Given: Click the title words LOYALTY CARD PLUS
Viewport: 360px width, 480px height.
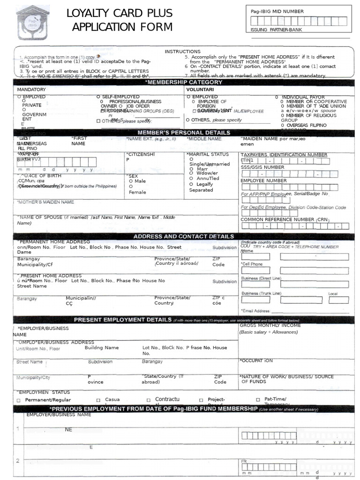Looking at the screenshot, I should coord(120,13).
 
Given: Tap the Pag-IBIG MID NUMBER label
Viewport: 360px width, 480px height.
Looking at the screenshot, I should coord(277,11).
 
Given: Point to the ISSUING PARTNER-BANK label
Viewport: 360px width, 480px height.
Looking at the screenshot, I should coord(277,30).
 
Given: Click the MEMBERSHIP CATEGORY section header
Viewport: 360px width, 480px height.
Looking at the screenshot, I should coord(184,82).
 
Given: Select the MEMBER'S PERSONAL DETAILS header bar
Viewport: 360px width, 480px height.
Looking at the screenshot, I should coord(184,133).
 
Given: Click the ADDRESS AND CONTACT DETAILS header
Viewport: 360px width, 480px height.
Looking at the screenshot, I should coord(184,237).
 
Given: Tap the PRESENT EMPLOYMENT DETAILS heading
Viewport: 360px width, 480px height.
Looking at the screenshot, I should coord(123,320).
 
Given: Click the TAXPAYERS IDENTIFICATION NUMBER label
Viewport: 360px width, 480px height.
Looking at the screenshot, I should coord(284,155).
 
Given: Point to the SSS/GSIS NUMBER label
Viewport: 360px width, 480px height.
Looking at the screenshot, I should coord(262,167).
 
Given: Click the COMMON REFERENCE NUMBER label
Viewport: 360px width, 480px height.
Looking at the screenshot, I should coord(285,219).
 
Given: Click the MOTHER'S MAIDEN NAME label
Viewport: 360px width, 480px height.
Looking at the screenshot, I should coord(46,202).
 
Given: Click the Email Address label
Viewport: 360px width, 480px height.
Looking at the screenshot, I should coord(256,311).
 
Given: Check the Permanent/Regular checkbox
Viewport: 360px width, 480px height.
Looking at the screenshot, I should coord(19,400).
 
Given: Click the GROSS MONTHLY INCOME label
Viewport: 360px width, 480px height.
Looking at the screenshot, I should coord(270,325).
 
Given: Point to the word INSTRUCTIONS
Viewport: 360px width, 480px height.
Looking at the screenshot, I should coord(182,52).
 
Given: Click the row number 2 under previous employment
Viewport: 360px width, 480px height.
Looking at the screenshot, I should coord(18,461).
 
